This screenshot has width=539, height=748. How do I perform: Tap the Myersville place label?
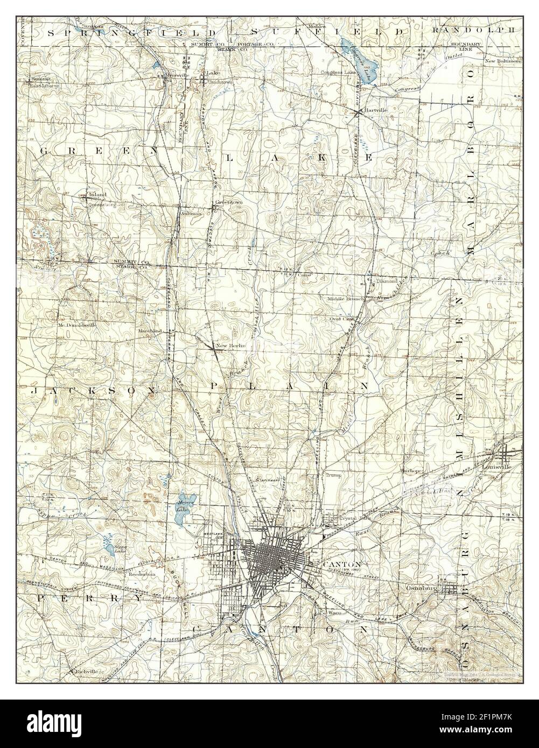point(177,75)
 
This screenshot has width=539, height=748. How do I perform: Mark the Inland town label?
point(98,194)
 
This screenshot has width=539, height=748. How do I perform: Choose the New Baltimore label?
point(503,61)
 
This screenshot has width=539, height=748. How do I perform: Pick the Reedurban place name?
point(141,573)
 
